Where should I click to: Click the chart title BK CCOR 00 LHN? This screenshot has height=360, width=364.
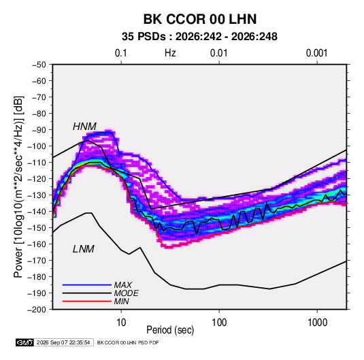pos(200,19)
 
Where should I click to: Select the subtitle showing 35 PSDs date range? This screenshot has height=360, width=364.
pos(199,37)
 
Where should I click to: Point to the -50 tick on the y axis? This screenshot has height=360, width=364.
pos(39,65)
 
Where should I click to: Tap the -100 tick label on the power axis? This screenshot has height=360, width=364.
pos(37,146)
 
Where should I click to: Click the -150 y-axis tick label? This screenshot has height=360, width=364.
pos(37,227)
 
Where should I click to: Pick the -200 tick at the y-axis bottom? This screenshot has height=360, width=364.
pos(37,310)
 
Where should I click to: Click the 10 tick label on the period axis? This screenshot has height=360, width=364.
pos(121,323)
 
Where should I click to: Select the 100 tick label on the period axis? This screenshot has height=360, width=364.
pos(219,323)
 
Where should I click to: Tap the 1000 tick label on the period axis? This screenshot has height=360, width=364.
pos(317,323)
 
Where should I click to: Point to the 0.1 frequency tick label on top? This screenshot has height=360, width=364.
pos(121,53)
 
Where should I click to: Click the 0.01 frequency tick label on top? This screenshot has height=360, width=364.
pos(218,53)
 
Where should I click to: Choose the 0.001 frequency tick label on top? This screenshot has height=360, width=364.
pos(316,53)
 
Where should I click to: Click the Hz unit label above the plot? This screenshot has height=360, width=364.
pos(170,53)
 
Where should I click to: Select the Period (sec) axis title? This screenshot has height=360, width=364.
pos(170,330)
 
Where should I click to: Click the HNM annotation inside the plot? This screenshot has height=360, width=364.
pos(84,127)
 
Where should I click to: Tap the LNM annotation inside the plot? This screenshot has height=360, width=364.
pos(84,249)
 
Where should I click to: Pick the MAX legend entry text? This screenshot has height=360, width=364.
pos(123,285)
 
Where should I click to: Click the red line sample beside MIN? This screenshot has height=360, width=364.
pos(87,301)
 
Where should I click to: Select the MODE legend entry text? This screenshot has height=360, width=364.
pos(127,293)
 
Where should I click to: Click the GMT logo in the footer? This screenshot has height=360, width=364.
pos(24,342)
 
